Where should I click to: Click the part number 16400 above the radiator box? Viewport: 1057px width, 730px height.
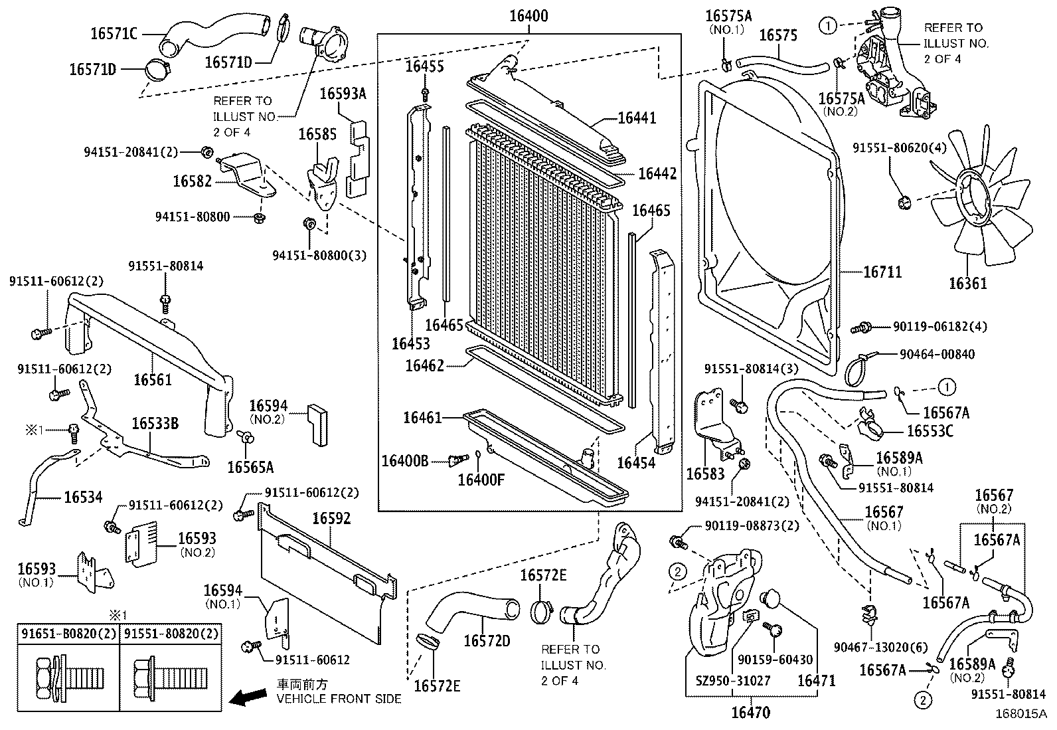(x=528, y=17)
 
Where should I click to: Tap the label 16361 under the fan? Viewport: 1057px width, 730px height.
(x=967, y=284)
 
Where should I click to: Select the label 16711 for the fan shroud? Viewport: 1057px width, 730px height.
(x=882, y=272)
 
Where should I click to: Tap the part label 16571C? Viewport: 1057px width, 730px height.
(x=114, y=33)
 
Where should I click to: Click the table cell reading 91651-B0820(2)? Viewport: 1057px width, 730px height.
(x=67, y=634)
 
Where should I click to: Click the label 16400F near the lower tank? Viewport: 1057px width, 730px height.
(x=481, y=478)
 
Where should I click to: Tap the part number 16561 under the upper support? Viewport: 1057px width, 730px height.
(x=152, y=379)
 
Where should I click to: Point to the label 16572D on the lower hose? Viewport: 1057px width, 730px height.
(x=487, y=641)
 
